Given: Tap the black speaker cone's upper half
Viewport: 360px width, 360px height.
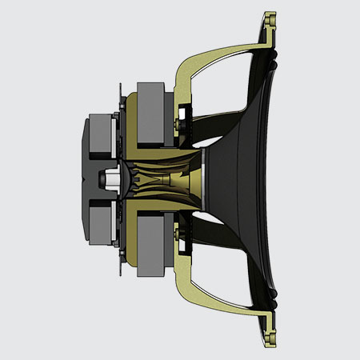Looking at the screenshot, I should pyautogui.click(x=248, y=120).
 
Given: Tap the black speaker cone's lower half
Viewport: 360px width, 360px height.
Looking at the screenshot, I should pyautogui.click(x=248, y=240).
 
